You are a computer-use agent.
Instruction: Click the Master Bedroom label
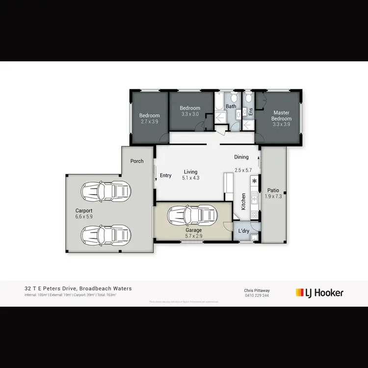(x=282, y=116)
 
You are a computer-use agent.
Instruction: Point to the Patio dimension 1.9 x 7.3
(x=273, y=196)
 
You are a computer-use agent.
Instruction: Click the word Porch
(x=137, y=161)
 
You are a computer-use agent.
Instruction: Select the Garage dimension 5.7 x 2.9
(x=194, y=236)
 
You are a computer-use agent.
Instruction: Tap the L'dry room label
(x=244, y=231)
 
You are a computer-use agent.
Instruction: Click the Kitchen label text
(x=243, y=201)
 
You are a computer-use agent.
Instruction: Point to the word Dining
(x=241, y=157)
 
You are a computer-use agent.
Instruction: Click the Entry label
(x=166, y=176)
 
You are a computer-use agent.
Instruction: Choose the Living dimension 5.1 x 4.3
(x=190, y=178)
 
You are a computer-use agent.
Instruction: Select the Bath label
(x=231, y=106)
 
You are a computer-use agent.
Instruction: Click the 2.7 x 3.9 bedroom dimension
(x=150, y=121)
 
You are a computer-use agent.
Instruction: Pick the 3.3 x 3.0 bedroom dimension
(x=190, y=114)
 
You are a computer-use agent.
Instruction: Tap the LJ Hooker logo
(x=319, y=293)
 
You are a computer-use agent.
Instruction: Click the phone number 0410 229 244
(x=257, y=296)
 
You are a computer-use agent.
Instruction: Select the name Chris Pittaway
(x=257, y=290)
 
